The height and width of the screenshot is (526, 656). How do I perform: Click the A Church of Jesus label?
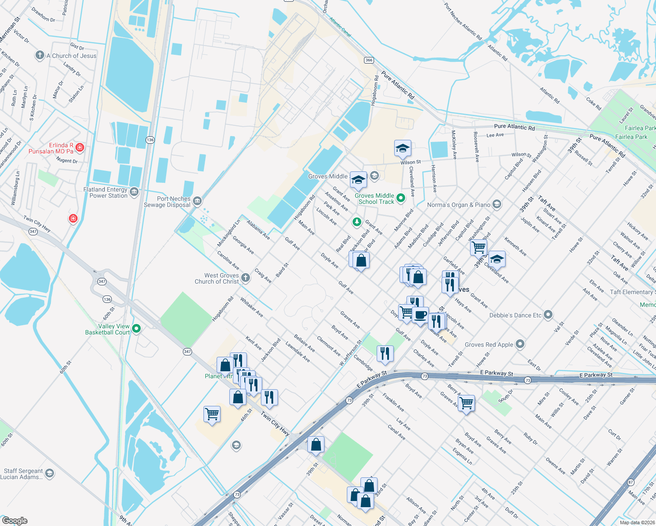pos(71,56)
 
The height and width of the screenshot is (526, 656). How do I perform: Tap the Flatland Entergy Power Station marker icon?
pos(134,192)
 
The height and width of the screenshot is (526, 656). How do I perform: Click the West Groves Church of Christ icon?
pos(246,277)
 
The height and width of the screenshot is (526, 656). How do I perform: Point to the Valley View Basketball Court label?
pos(107,329)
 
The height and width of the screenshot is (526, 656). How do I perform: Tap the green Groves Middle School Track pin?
pos(401,198)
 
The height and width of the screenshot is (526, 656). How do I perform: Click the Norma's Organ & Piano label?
pos(459,205)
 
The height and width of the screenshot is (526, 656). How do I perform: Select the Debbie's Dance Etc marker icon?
pos(548,315)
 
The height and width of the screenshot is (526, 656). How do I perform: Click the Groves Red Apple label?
pos(488,345)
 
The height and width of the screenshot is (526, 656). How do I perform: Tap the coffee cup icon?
pos(420,315)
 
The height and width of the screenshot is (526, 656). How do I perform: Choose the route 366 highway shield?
pos(369,60)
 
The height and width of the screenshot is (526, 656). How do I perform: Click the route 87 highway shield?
pos(631,482)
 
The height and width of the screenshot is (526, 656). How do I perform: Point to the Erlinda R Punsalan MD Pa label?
pos(51,148)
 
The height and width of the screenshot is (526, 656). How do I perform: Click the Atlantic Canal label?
pos(340,27)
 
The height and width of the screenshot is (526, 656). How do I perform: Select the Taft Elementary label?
pos(631,292)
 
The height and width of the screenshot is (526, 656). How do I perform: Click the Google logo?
pos(15,521)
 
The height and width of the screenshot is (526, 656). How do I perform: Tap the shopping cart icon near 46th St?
pos(212,413)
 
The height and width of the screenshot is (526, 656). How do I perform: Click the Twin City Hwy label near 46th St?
pos(275,423)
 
